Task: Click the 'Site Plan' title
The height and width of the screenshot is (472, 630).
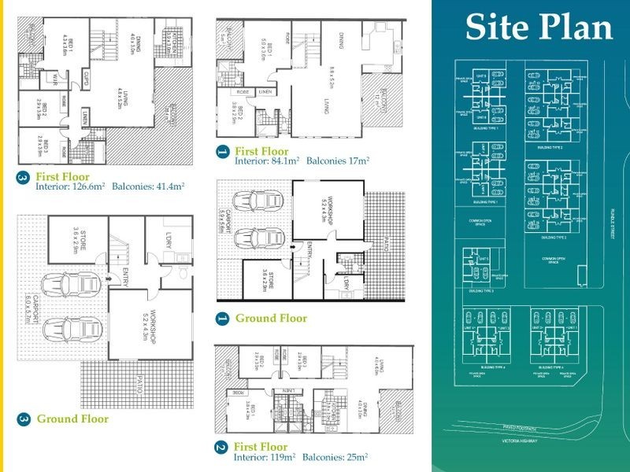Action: click(x=539, y=28)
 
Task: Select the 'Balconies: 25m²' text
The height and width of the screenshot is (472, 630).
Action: click(x=339, y=455)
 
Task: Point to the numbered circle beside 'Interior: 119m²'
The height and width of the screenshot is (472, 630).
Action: click(x=221, y=449)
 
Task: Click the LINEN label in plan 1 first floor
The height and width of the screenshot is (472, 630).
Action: click(x=269, y=93)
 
